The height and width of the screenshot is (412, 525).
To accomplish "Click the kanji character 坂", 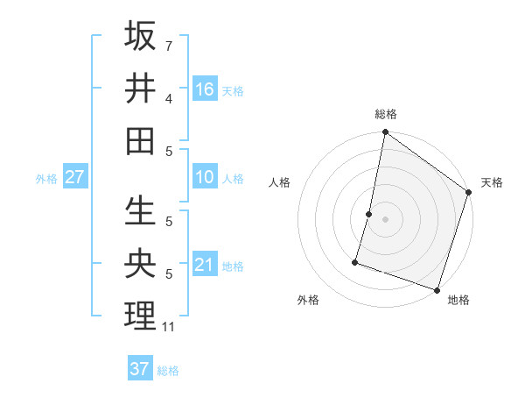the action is pos(141,37).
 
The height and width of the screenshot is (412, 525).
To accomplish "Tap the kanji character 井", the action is pos(141,88).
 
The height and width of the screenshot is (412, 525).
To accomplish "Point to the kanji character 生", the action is pos(141,211).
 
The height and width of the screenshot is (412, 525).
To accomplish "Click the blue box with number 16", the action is pos(205,89).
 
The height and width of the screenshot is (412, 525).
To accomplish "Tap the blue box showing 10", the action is pos(205,178).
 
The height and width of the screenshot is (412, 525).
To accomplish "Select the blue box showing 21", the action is pos(205,265).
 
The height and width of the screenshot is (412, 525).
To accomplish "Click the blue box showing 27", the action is pos(75,178).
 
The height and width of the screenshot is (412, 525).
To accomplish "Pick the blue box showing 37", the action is pos(140,369).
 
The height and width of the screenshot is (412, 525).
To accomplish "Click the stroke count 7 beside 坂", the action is pos(168,45).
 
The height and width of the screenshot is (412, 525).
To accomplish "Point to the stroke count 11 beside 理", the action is pos(169,328).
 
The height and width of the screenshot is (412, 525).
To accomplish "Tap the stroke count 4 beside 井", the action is pos(168,99).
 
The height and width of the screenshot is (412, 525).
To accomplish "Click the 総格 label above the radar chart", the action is pos(386,114).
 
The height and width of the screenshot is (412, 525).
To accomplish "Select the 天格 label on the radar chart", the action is pos(492,182).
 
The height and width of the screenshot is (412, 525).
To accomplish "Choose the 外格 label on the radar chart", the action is pos(307,300).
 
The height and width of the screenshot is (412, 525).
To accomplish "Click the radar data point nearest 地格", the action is pos(437,289).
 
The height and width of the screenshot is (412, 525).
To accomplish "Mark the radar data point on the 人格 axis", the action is pos(369,214).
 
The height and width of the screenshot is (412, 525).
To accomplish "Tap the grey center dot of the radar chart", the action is pos(386,219).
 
